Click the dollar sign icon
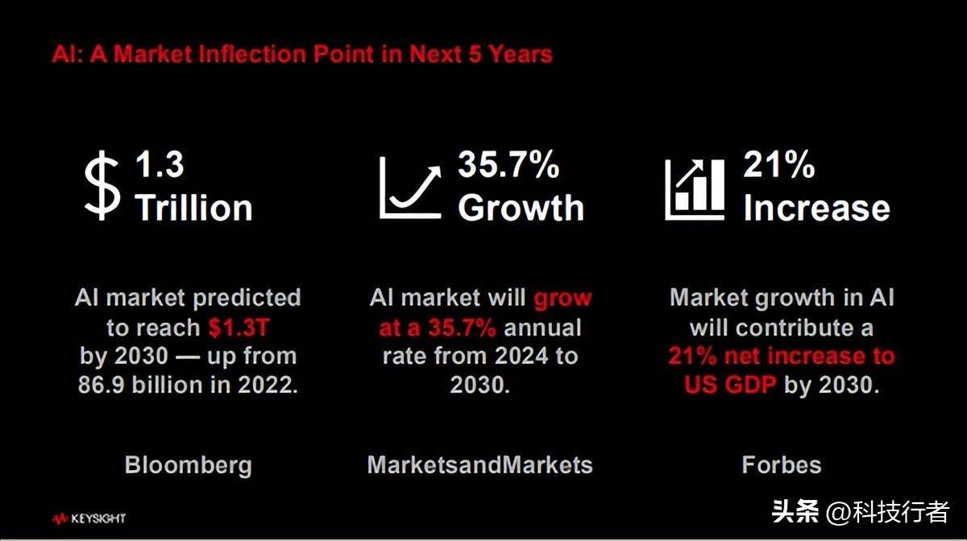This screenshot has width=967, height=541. pyautogui.click(x=102, y=185)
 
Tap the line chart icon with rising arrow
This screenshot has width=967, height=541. pyautogui.click(x=410, y=188)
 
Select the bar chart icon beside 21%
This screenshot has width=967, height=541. pyautogui.click(x=695, y=190)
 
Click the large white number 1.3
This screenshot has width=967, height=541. pyautogui.click(x=160, y=164)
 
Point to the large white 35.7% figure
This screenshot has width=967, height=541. pyautogui.click(x=508, y=164)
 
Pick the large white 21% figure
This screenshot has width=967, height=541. pyautogui.click(x=778, y=164)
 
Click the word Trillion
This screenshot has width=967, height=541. pyautogui.click(x=193, y=208)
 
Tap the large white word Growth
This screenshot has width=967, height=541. pyautogui.click(x=521, y=208)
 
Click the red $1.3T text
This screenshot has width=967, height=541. pyautogui.click(x=239, y=328)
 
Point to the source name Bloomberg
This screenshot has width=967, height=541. pyautogui.click(x=189, y=465)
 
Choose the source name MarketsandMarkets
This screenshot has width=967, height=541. pyautogui.click(x=479, y=465)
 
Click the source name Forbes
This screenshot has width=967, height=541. pyautogui.click(x=782, y=465)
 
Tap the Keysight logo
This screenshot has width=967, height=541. pyautogui.click(x=89, y=518)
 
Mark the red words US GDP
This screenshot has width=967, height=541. pyautogui.click(x=730, y=384)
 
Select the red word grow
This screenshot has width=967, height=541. pyautogui.click(x=562, y=299)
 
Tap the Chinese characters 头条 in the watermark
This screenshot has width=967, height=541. pyautogui.click(x=795, y=511)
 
